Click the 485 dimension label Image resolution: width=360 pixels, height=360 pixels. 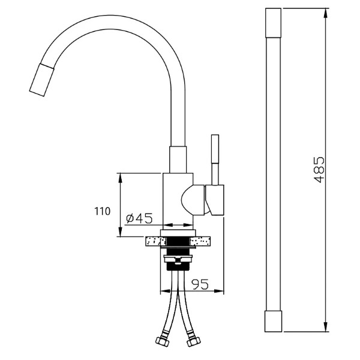point(319,170)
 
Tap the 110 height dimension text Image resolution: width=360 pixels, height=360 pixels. point(103,211)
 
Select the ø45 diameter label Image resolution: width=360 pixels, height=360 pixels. point(139,218)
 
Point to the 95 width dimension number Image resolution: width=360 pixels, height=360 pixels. point(200,284)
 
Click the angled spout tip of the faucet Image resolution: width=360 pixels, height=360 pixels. point(41,80)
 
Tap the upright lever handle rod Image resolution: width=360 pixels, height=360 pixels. point(215,160)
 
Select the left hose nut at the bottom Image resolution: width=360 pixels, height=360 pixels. point(162,342)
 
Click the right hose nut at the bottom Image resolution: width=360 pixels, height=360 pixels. point(194,342)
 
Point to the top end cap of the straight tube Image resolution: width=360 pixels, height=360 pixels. point(273,23)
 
